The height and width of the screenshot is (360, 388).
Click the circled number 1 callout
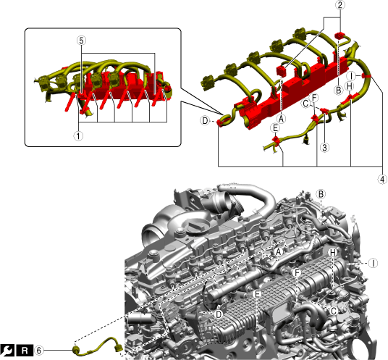[x=78, y=136]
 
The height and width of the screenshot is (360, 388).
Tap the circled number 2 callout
[x=340, y=5]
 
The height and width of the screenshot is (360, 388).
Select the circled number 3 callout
[x=324, y=148]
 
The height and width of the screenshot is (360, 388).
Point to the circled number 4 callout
[x=382, y=179]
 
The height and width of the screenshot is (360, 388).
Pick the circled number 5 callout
[x=81, y=41]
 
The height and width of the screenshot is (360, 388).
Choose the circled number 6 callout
[x=39, y=351]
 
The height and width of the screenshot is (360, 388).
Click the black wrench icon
[x=7, y=351]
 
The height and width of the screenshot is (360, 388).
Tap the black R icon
[x=25, y=351]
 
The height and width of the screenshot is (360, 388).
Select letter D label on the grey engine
[x=219, y=314]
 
